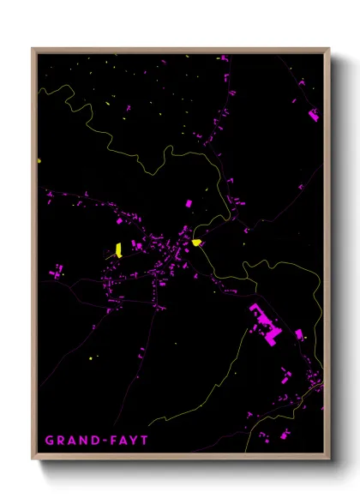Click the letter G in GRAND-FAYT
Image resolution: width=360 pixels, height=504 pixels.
pyautogui.click(x=50, y=441)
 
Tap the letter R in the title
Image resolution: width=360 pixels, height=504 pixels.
pyautogui.click(x=62, y=441)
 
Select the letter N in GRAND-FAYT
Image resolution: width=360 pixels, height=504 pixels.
pyautogui.click(x=86, y=441)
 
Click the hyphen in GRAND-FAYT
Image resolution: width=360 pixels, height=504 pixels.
pyautogui.click(x=109, y=441)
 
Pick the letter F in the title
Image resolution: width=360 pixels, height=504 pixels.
pyautogui.click(x=119, y=441)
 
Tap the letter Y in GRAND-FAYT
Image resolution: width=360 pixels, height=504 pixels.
pyautogui.click(x=142, y=441)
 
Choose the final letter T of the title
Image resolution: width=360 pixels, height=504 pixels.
pyautogui.click(x=153, y=441)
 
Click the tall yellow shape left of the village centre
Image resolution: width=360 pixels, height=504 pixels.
pyautogui.click(x=118, y=249)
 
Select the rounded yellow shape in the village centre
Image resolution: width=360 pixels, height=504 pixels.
pyautogui.click(x=196, y=243)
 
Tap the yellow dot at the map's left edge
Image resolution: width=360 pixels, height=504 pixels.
pyautogui.click(x=39, y=159)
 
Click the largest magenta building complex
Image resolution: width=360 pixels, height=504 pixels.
pyautogui.click(x=265, y=325)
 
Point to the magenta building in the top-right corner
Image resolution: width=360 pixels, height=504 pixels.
pyautogui.click(x=313, y=114)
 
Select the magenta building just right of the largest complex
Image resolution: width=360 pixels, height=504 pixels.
pyautogui.click(x=299, y=334)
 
